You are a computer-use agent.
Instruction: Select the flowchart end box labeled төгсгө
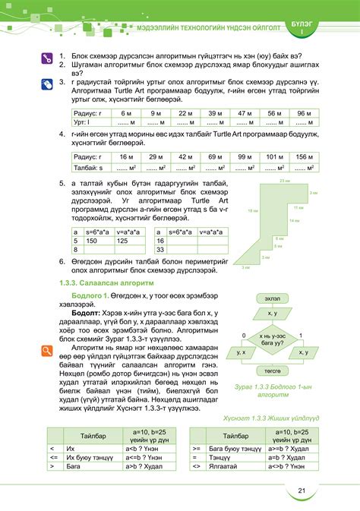tap(271, 372)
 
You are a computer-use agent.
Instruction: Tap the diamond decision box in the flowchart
tap(271, 339)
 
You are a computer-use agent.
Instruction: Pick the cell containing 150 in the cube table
tap(92, 239)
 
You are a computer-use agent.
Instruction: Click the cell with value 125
tap(126, 239)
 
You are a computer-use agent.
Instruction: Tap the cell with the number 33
tap(162, 248)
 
